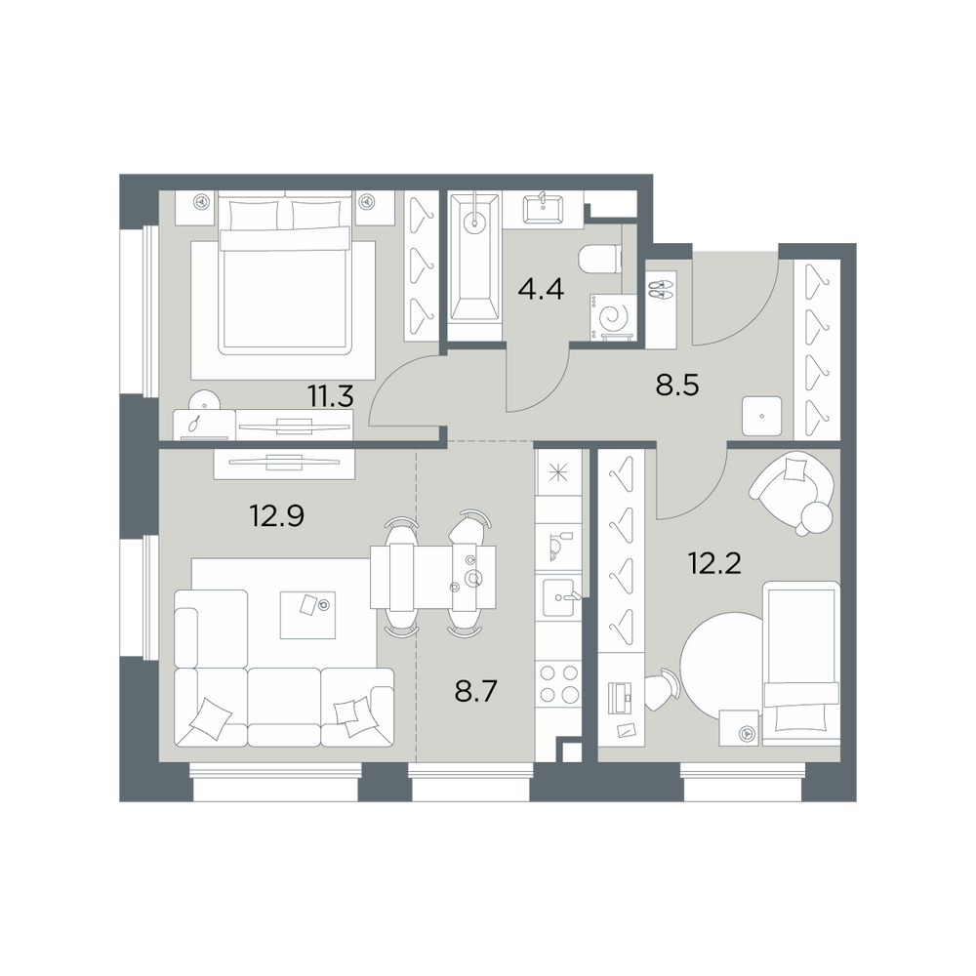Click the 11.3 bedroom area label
(x=331, y=396)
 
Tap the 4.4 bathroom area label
(x=542, y=289)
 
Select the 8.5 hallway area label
(x=677, y=386)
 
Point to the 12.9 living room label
(x=276, y=515)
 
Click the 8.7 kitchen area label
(x=476, y=691)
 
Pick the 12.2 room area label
(x=714, y=563)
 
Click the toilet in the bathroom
(x=600, y=259)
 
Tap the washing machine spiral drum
(x=613, y=317)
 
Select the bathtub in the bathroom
(x=475, y=267)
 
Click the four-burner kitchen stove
(x=559, y=683)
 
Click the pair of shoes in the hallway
(x=661, y=290)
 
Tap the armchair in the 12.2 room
(x=793, y=491)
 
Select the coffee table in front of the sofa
(x=307, y=615)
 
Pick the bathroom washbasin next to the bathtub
(x=543, y=209)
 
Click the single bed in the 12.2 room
(x=800, y=663)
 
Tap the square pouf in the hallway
(x=762, y=415)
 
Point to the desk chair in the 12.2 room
(x=661, y=689)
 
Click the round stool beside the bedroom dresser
(x=204, y=401)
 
